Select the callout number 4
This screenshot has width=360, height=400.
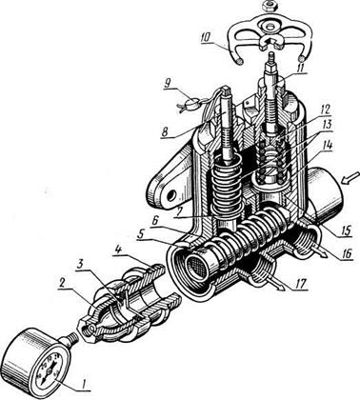(x=119, y=250)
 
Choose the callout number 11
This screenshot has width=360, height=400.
(x=298, y=68)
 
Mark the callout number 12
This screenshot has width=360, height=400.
(x=324, y=110)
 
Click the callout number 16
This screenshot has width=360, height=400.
(x=347, y=253)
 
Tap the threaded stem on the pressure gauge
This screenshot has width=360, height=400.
(x=70, y=342)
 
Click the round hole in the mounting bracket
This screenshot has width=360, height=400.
(x=172, y=196)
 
